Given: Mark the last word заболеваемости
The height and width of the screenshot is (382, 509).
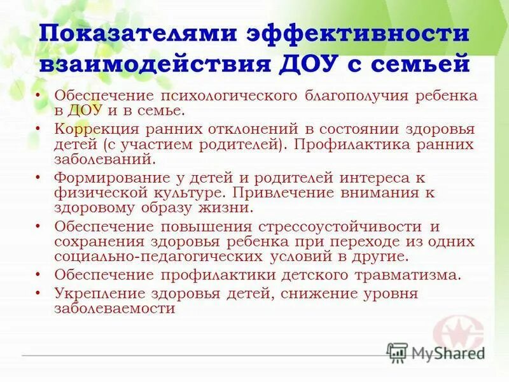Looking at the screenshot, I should tap(115, 309).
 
